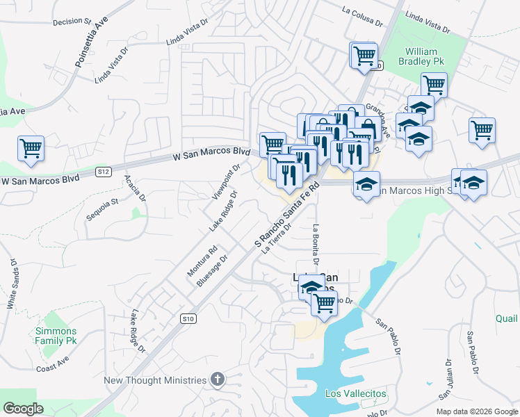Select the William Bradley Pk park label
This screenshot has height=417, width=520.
point(421,56)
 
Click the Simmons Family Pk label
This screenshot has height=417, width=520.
point(56,336)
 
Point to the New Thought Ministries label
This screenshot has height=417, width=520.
point(155,380)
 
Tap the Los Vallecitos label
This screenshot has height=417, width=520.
point(356,394)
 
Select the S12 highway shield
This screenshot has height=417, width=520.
point(104,171)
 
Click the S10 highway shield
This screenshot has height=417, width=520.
point(186,319)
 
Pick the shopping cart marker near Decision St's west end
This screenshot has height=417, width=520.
point(31,149)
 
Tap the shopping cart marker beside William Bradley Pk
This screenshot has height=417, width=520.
point(434,85)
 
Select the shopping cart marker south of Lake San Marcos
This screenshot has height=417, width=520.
point(324,302)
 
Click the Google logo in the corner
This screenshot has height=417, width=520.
point(23,409)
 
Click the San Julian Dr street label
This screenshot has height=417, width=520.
point(446,379)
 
